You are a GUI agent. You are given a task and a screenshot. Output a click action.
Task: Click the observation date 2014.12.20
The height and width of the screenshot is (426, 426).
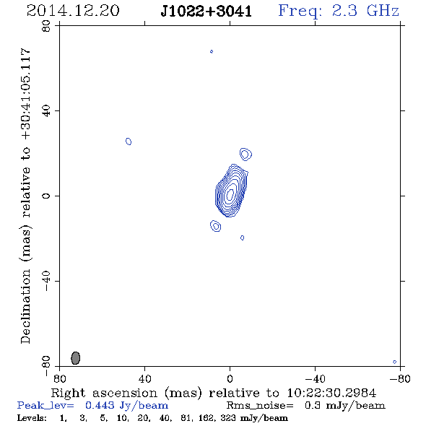(73, 11)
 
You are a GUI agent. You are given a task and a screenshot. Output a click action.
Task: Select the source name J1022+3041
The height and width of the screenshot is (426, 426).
(206, 12)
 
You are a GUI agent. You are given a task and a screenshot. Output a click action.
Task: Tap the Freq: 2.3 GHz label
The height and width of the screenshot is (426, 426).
(339, 12)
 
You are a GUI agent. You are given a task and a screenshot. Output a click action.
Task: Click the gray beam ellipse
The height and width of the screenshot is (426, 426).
(76, 358)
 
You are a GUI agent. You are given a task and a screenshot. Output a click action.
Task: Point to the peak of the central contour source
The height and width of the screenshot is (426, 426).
(230, 194)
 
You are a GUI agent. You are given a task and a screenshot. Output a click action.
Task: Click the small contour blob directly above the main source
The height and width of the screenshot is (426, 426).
(245, 155)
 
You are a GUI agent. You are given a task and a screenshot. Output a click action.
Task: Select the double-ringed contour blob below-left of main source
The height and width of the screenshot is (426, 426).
(215, 226)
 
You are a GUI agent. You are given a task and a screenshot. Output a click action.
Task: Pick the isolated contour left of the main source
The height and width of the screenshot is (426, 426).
(129, 142)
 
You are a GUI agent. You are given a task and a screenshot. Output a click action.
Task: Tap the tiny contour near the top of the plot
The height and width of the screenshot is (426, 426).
(212, 51)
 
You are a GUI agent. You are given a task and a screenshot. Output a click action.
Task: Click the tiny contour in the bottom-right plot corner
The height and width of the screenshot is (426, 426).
(395, 362)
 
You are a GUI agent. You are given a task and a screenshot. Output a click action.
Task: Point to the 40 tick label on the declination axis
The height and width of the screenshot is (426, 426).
(46, 111)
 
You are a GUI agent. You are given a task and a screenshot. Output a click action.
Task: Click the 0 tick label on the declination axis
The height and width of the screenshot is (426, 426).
(46, 196)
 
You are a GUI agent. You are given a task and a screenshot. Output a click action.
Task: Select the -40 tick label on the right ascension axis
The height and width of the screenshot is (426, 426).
(316, 378)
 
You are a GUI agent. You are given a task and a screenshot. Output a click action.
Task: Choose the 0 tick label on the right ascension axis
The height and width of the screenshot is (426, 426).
(230, 378)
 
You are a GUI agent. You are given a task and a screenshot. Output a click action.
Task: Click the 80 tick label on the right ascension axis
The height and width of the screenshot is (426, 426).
(59, 378)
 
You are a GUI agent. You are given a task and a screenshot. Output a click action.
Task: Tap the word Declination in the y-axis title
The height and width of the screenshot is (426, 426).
(25, 306)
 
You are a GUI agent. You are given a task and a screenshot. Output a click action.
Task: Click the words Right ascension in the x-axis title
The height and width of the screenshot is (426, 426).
(104, 393)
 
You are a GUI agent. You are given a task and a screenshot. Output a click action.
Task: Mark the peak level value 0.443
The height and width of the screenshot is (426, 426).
(100, 405)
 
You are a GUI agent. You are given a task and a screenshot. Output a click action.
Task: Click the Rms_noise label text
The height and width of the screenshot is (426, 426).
(260, 406)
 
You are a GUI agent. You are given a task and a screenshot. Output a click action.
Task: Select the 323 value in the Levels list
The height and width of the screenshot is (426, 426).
(228, 418)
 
